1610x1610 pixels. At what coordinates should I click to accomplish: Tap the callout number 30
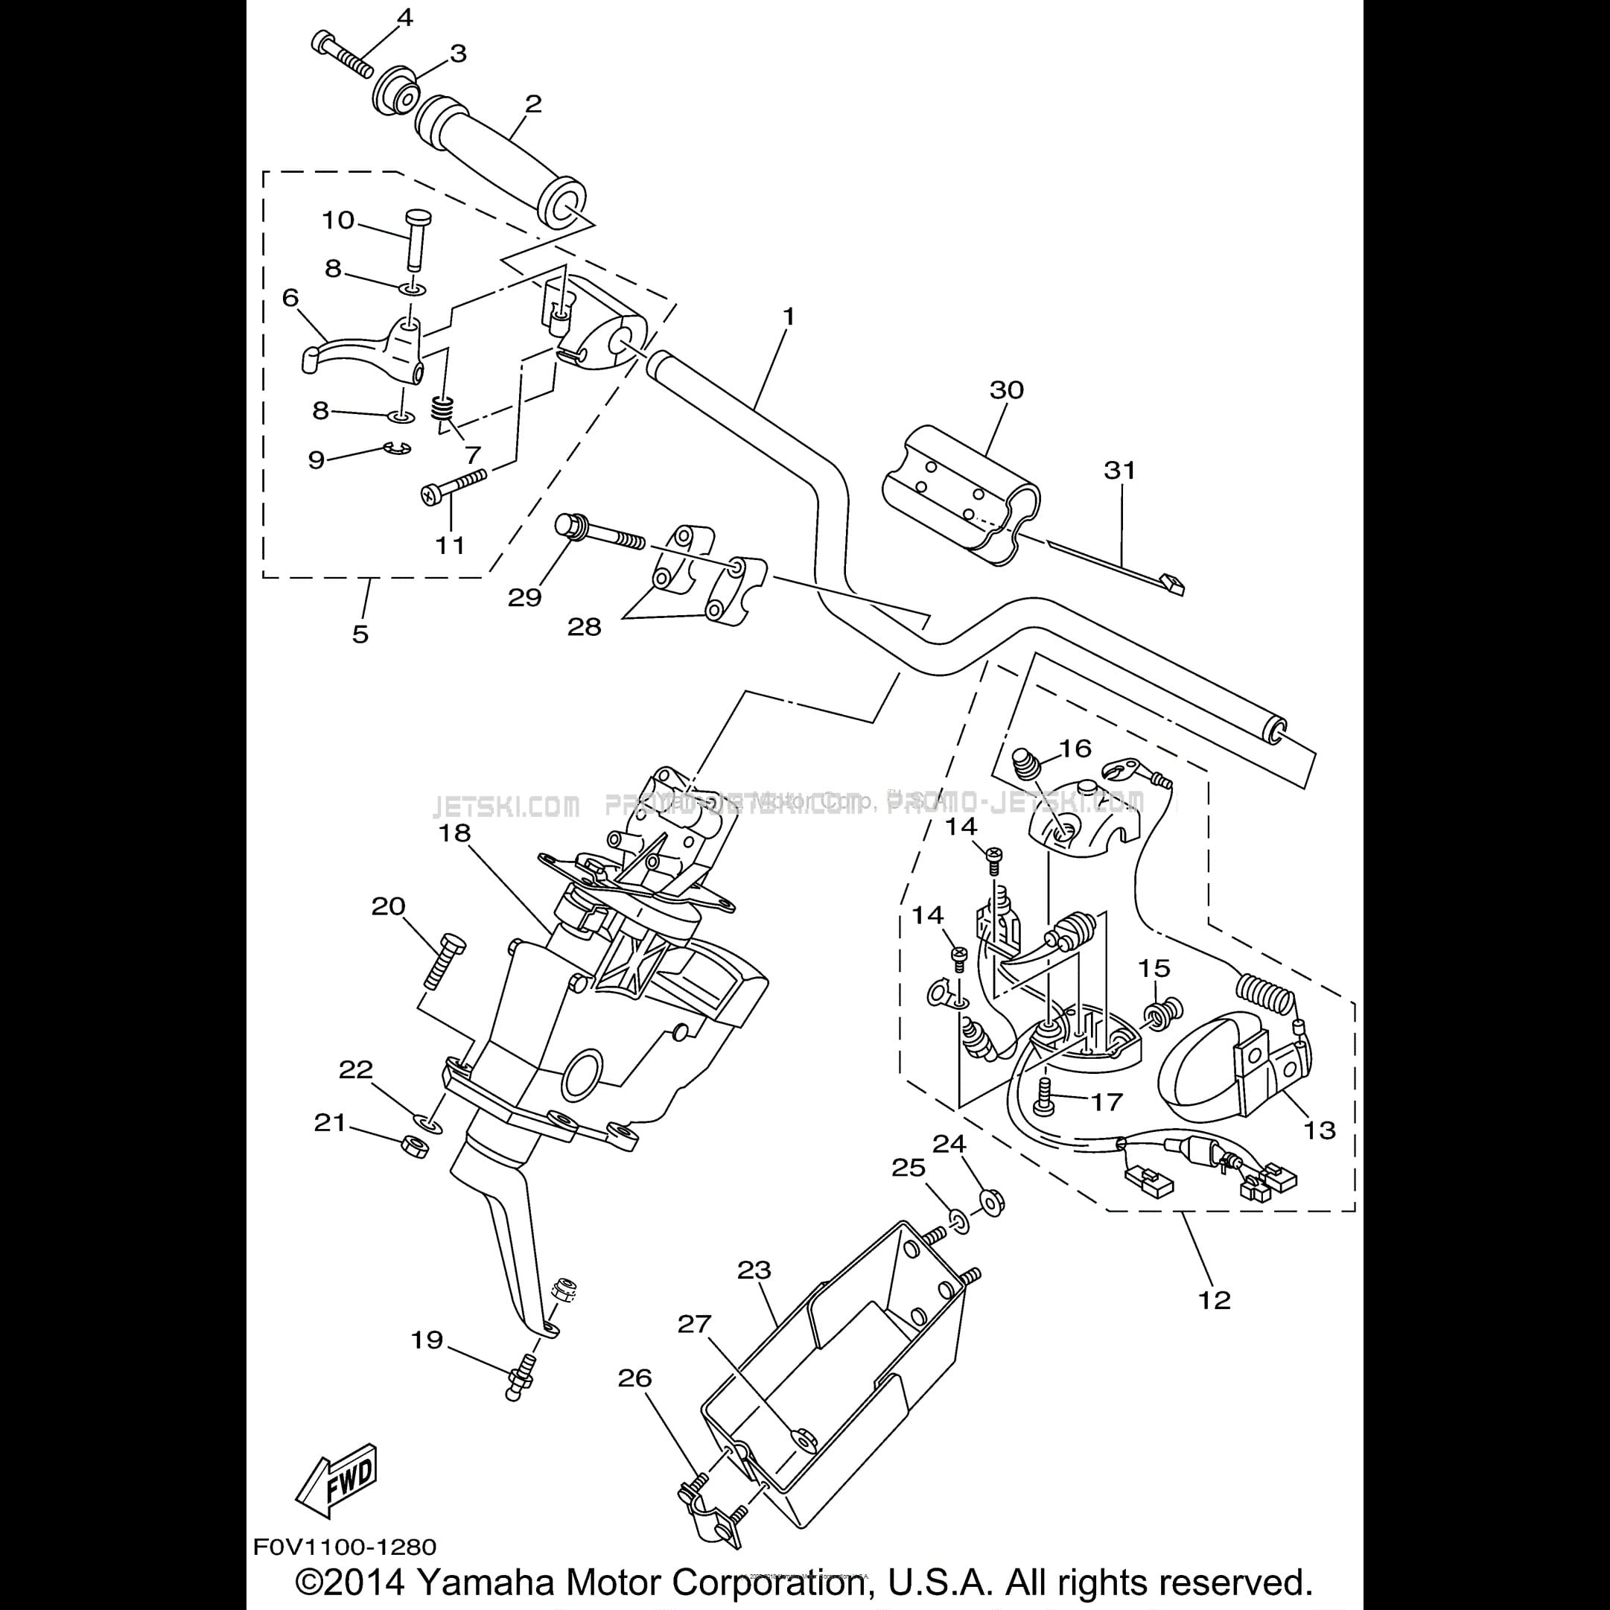(x=1007, y=390)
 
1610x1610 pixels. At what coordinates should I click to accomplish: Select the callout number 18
(x=455, y=833)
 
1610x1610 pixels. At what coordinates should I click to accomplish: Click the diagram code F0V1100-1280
(x=345, y=1547)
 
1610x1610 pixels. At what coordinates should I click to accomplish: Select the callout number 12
(x=1213, y=1300)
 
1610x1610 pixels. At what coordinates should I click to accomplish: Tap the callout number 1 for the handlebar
(x=789, y=317)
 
